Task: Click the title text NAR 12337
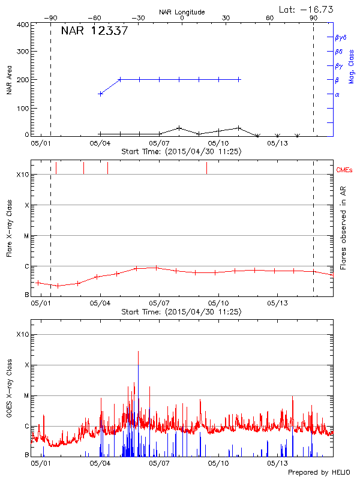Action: pos(94,31)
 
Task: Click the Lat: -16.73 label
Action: pos(307,9)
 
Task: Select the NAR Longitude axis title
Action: pos(182,12)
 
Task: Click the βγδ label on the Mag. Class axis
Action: pos(340,37)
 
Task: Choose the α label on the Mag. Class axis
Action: pos(337,94)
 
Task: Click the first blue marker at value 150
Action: pos(100,94)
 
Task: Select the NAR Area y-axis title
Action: pos(10,80)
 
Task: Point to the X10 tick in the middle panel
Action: pos(22,175)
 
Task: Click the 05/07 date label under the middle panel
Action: pos(159,303)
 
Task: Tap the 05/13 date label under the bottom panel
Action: pos(277,463)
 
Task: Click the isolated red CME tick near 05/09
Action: pos(206,168)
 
